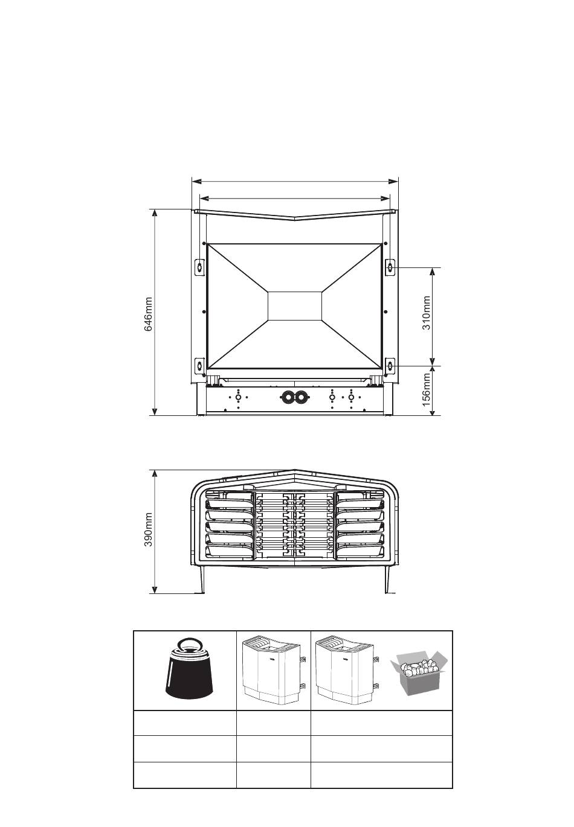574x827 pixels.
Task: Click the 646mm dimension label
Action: [x=148, y=314]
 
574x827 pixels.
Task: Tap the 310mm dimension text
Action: [x=426, y=312]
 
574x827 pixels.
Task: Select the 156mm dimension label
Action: [x=426, y=389]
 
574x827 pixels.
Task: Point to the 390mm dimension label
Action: [x=148, y=529]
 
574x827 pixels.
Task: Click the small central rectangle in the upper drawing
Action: [x=295, y=305]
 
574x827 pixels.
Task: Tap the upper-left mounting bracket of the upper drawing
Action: [x=199, y=267]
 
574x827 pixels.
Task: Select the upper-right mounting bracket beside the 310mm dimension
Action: [x=390, y=267]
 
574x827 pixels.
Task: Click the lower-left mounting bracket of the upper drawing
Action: [x=199, y=365]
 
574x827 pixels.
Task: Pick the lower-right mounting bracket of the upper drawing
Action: [x=390, y=365]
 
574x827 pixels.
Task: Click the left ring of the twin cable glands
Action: [x=287, y=397]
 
